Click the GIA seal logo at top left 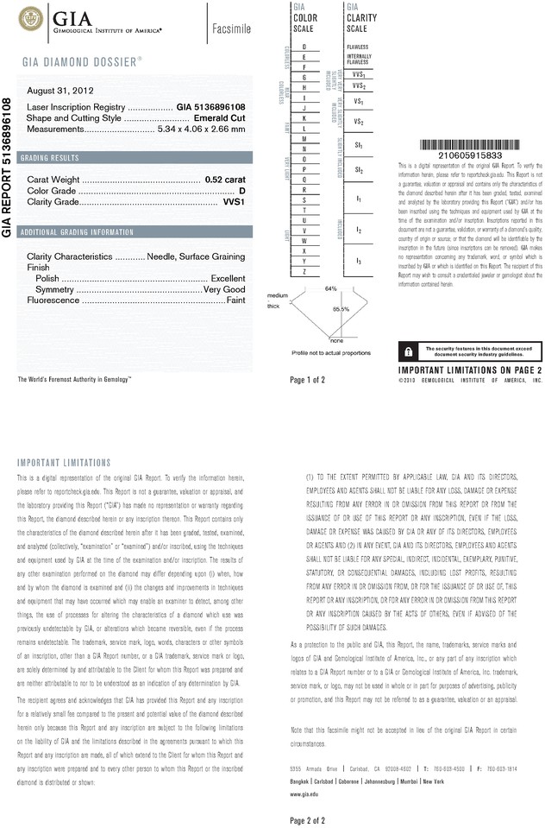coord(32,17)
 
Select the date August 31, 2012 coord(60,91)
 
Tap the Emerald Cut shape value coord(220,117)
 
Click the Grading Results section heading coord(52,158)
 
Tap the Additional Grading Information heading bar coord(78,232)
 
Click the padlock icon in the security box coord(406,351)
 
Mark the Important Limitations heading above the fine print coord(64,463)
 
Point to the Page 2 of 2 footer coord(308,819)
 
